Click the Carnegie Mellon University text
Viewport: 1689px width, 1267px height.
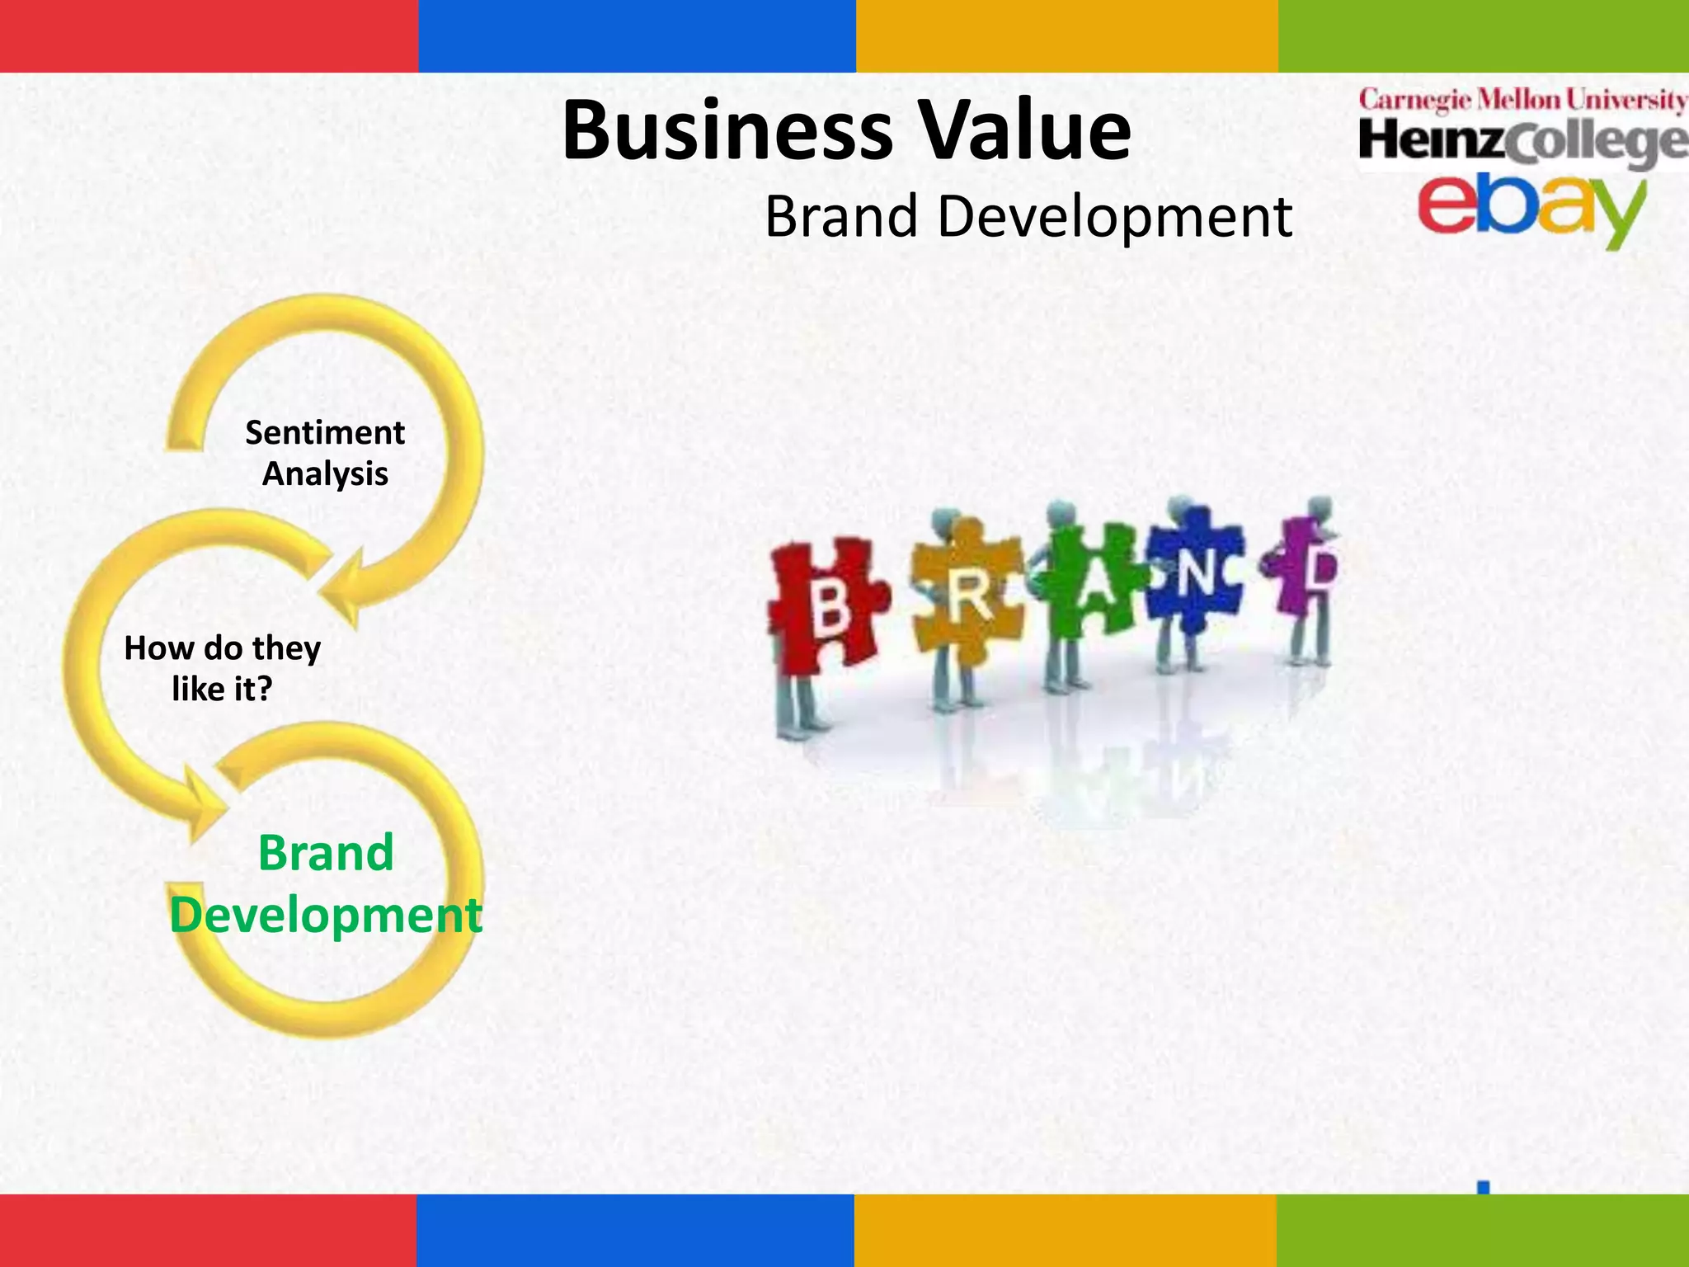[x=1522, y=101]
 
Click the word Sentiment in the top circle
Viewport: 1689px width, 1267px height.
[x=325, y=433]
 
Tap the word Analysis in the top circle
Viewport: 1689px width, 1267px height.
[x=325, y=474]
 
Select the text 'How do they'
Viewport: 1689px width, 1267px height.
[x=222, y=648]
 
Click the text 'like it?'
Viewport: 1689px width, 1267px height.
[x=222, y=690]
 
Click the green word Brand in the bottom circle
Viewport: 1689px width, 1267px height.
[x=326, y=853]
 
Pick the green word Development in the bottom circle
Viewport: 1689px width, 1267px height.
[x=326, y=916]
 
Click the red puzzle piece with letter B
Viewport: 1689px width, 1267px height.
[x=825, y=606]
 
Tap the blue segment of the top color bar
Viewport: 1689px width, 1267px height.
[x=637, y=36]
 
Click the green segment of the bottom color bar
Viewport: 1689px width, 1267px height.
[x=1482, y=1230]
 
